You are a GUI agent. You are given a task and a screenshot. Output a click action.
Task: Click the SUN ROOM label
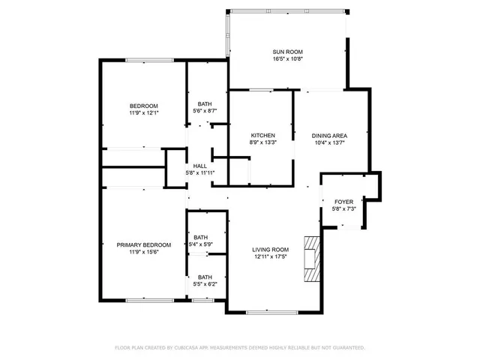(x=288, y=52)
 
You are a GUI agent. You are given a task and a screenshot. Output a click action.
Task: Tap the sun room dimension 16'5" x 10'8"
(x=288, y=59)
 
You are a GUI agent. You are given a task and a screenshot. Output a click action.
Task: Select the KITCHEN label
(x=262, y=135)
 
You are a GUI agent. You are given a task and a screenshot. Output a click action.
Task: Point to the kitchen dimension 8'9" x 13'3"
(x=262, y=142)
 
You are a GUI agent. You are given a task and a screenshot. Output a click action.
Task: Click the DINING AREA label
(x=329, y=135)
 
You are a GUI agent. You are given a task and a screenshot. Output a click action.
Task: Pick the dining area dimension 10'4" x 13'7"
(x=329, y=142)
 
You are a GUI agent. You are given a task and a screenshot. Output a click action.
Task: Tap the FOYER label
(x=343, y=202)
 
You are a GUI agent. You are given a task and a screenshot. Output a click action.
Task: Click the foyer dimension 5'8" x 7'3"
(x=343, y=209)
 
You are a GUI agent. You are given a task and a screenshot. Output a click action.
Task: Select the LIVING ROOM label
(x=271, y=249)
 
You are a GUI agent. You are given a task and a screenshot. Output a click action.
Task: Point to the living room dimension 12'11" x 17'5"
(x=271, y=256)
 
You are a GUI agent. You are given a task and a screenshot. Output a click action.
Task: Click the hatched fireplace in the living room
(x=311, y=258)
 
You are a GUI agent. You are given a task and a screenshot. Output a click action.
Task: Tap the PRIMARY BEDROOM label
(x=143, y=244)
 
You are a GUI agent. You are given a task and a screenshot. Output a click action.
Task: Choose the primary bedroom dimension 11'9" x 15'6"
(x=143, y=252)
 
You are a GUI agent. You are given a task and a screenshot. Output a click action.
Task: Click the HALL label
(x=200, y=166)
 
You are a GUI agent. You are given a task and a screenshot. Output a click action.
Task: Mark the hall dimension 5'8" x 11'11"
(x=200, y=173)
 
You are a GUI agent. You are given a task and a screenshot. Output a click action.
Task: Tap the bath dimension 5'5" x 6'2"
(x=205, y=284)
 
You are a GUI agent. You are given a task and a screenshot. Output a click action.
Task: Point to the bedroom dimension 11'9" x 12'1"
(x=143, y=112)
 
